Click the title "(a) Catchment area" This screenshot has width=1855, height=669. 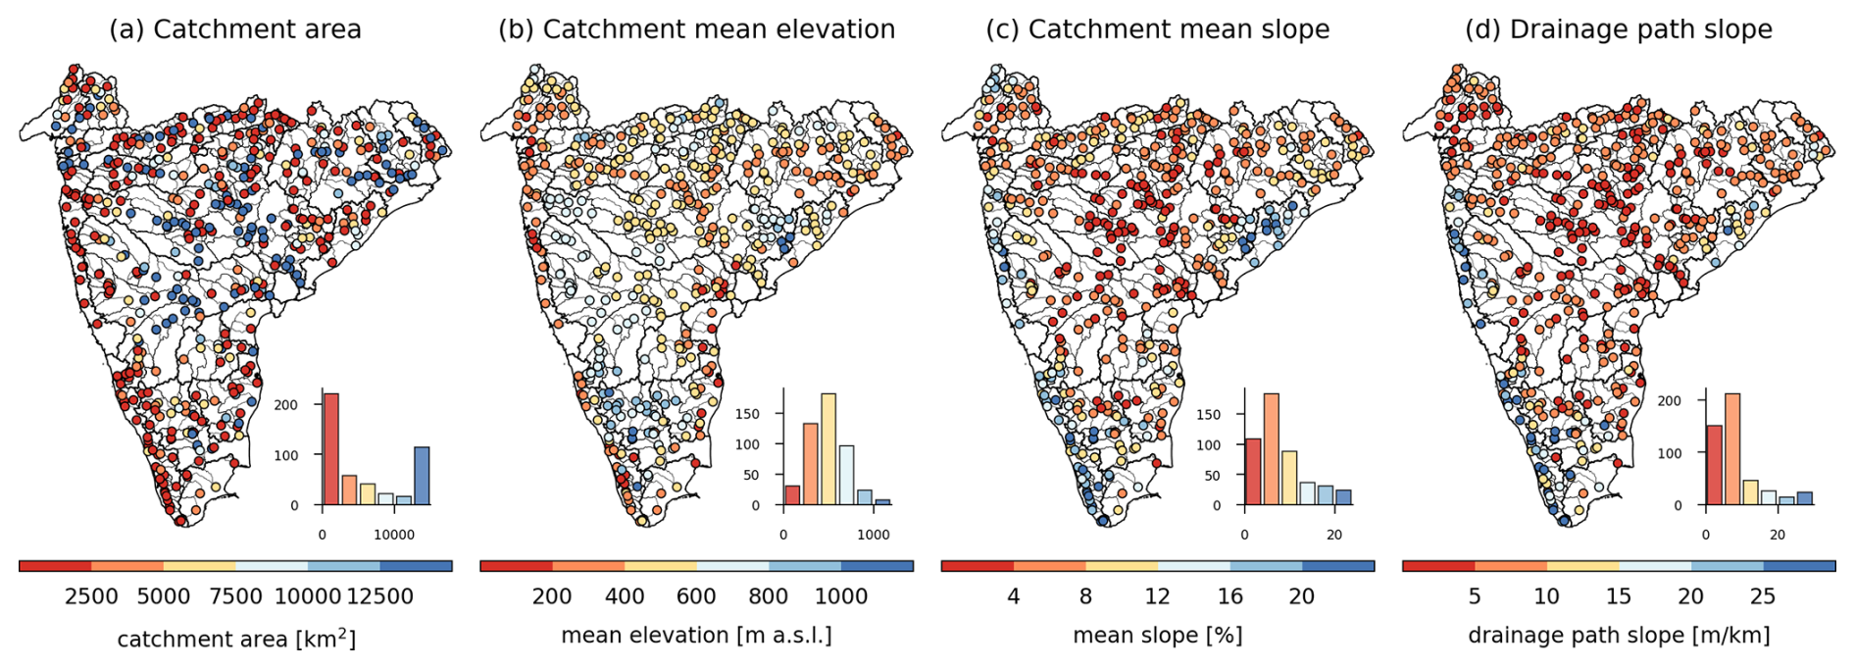[x=235, y=29]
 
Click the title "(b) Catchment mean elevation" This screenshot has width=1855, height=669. [x=696, y=29]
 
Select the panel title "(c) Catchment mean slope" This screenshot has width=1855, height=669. [x=1158, y=29]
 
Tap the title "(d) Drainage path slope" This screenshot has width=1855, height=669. [x=1619, y=29]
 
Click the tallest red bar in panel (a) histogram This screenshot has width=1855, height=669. [x=331, y=449]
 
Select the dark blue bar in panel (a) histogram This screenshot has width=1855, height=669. [x=422, y=476]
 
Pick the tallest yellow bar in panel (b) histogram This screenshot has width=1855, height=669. [x=828, y=449]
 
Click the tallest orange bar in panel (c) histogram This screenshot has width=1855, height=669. [x=1272, y=449]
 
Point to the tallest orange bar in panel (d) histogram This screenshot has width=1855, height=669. [x=1732, y=449]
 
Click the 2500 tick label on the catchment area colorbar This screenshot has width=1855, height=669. [x=91, y=596]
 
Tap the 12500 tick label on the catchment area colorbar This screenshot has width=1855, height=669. [x=379, y=596]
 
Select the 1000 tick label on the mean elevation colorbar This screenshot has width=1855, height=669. [x=841, y=596]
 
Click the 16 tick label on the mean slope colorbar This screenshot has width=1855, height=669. [x=1229, y=596]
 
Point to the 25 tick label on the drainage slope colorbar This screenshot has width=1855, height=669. [x=1763, y=596]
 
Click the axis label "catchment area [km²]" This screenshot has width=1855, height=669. [x=236, y=640]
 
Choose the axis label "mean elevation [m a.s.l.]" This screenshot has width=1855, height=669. [x=696, y=636]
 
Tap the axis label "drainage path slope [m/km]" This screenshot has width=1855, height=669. [x=1619, y=636]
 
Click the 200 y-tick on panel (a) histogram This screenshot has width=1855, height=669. [x=286, y=405]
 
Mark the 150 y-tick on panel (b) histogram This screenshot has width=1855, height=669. [x=748, y=414]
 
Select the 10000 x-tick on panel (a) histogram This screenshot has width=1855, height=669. [x=394, y=535]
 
